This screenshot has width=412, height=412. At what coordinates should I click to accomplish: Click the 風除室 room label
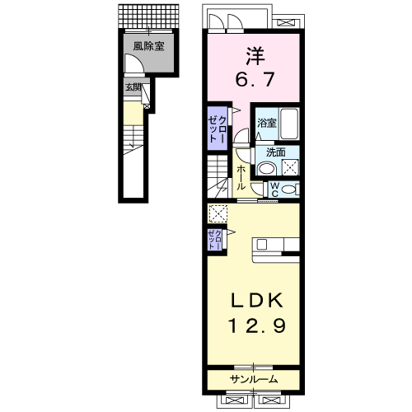pos(148,46)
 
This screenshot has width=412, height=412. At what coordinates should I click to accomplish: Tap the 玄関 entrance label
pos(133,87)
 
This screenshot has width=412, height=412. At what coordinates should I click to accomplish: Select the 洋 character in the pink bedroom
pos(255,56)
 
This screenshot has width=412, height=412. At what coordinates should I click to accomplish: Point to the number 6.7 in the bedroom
pos(255,79)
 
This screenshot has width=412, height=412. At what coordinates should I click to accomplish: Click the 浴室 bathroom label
pos(267,123)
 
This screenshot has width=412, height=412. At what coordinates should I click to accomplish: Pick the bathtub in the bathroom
pos(289,124)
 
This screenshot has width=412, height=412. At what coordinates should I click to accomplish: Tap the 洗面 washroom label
pos(276,152)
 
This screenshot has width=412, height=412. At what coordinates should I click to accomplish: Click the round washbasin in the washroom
pos(267,167)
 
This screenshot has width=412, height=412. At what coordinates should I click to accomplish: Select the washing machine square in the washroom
pos(290,166)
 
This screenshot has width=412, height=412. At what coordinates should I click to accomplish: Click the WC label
pos(274,190)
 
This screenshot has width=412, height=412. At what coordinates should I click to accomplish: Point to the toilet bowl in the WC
pos(288,190)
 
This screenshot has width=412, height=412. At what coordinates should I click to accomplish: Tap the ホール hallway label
pos(241,178)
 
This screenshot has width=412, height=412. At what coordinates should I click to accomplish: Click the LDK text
pos(256,300)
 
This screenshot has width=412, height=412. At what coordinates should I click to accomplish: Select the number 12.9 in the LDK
pos(257,325)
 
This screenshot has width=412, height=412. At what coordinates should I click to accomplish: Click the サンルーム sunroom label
pos(254,379)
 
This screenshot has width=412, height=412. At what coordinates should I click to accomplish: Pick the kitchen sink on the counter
pos(261,244)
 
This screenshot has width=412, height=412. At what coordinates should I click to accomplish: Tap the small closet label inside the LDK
pos(214,240)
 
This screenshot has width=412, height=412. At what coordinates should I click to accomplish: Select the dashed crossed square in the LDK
pos(218,213)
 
